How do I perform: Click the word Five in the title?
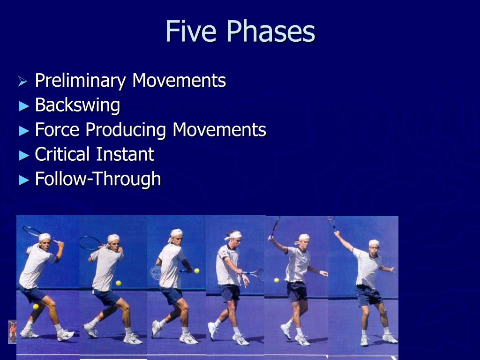pos(192,32)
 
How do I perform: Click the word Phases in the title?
pos(270,32)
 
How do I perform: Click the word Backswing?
pos(77,105)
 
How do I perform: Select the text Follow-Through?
pos(97,179)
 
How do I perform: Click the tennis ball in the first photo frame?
pos(36,307)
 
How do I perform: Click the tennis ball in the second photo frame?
pos(119,283)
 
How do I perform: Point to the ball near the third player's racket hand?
pos(196,271)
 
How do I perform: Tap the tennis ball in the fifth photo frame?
pos(277,280)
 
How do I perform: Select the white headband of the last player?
pos(374,242)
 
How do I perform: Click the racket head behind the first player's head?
pos(33,231)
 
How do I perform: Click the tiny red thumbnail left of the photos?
pos(12,331)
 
